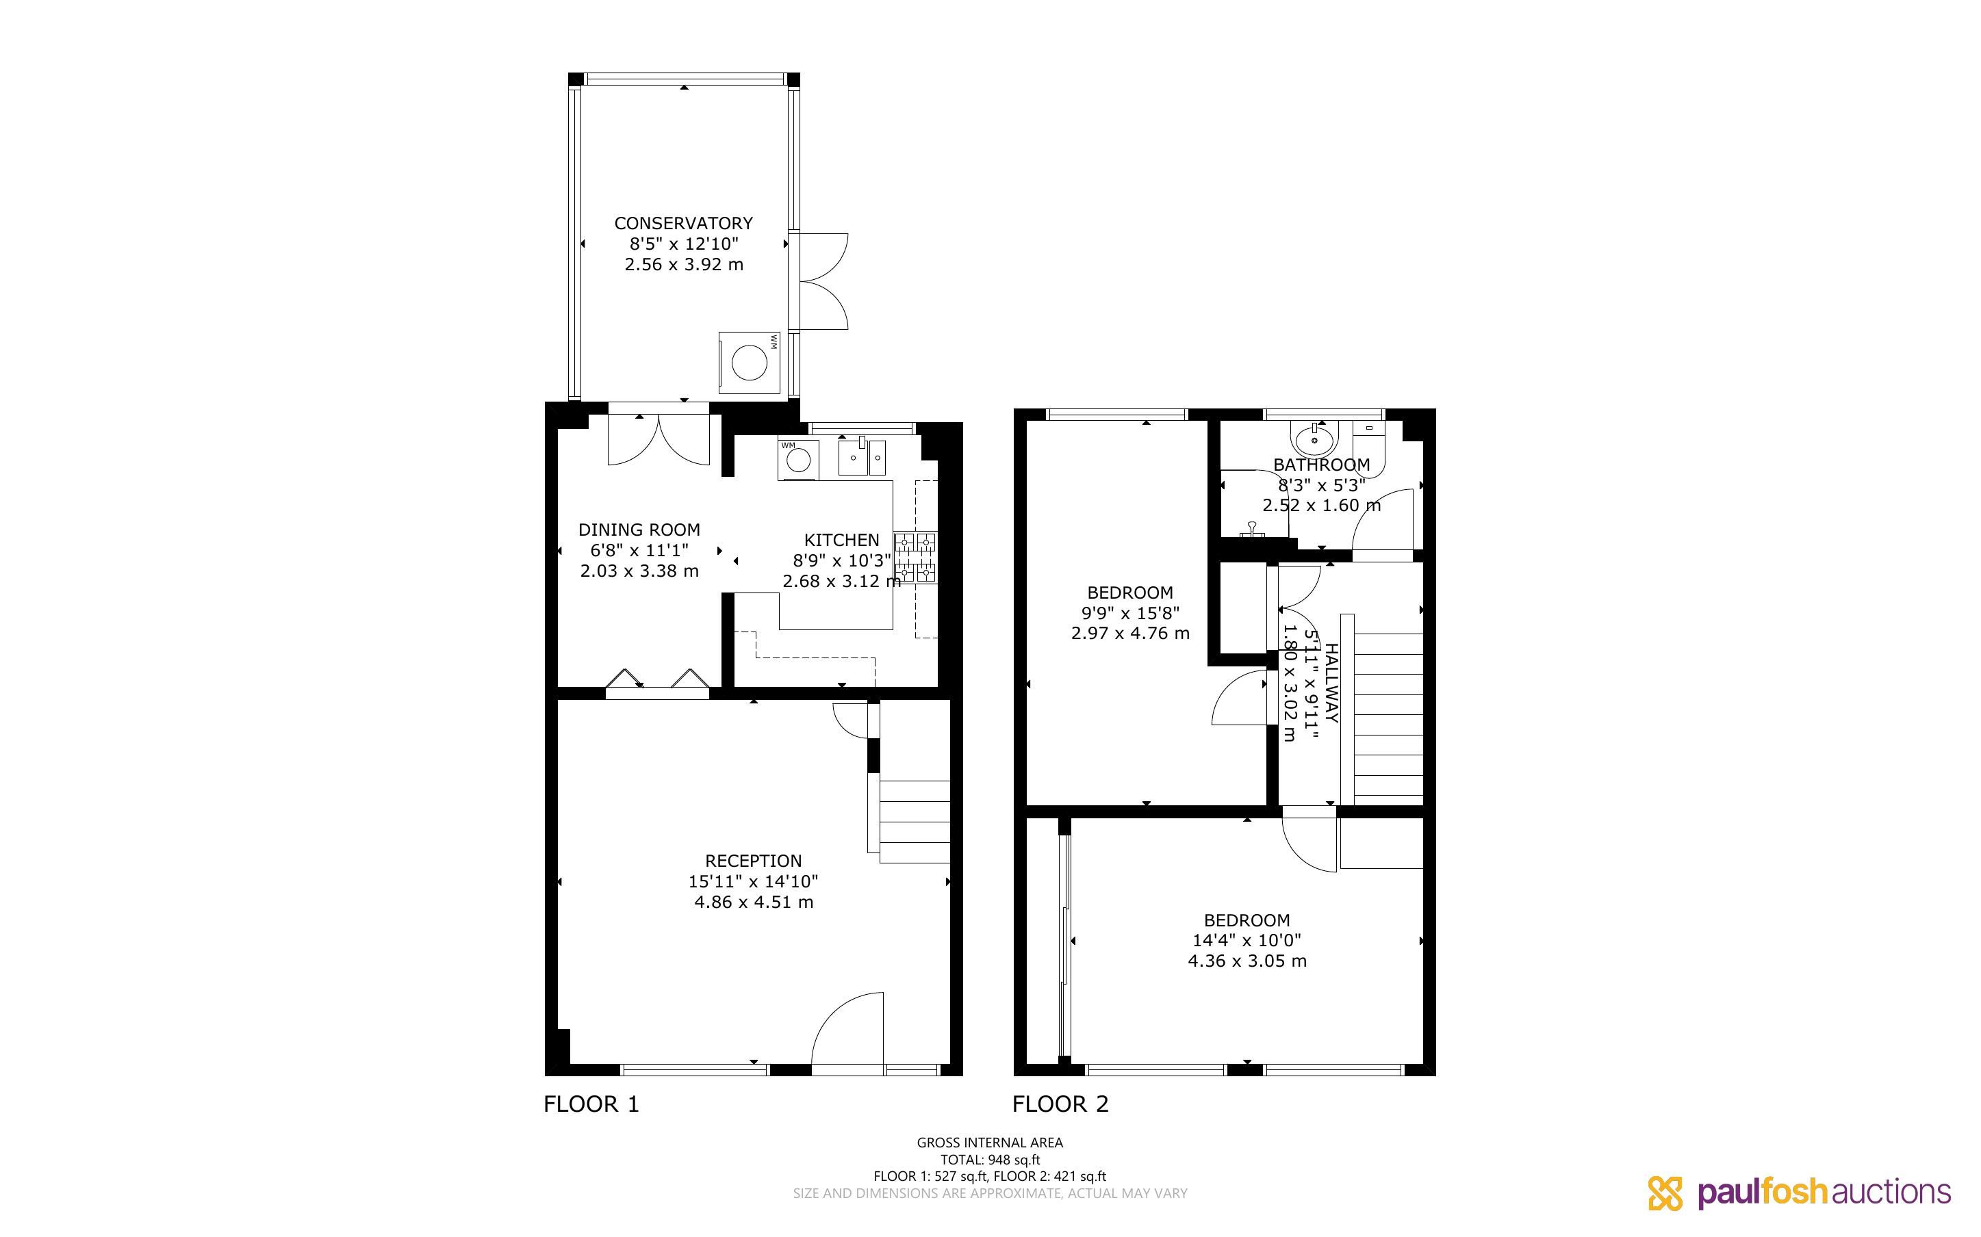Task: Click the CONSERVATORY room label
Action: tap(683, 223)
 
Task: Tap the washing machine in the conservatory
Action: tap(749, 363)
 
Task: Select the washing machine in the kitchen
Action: tap(797, 460)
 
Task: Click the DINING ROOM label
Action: tap(639, 530)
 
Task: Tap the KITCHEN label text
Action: tap(841, 540)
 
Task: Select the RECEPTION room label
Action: tap(753, 861)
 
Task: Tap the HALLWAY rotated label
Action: tap(1331, 683)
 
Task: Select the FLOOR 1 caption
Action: tap(591, 1104)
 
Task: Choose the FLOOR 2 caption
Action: tap(1060, 1104)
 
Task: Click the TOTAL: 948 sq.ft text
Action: tap(990, 1159)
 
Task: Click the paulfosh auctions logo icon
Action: tap(1665, 1193)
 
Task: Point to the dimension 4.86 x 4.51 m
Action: tap(754, 902)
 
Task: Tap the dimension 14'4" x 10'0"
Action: tap(1247, 941)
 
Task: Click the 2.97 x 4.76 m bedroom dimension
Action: tap(1130, 634)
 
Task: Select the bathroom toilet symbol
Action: tap(1368, 447)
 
